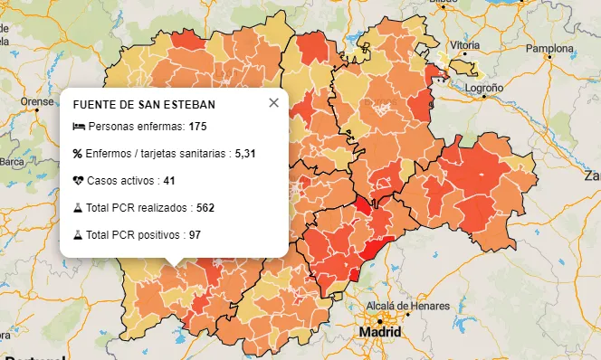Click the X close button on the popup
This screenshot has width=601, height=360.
[x=274, y=103]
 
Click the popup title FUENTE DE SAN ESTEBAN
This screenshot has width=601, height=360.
[x=144, y=105]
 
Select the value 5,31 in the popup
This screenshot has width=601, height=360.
[x=245, y=154]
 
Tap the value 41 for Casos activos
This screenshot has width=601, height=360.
[x=169, y=181]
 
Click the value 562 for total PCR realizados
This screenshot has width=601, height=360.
[x=205, y=208]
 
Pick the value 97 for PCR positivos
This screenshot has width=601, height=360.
[x=195, y=235]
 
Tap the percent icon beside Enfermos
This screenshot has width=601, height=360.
[x=78, y=154]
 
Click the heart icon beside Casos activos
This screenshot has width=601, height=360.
[x=78, y=181]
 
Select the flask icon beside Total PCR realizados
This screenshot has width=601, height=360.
[x=78, y=208]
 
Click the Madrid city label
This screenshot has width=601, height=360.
[x=379, y=332]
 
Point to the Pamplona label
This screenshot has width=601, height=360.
[x=551, y=47]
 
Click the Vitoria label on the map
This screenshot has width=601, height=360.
[x=464, y=44]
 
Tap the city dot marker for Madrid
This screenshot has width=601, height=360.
[x=379, y=319]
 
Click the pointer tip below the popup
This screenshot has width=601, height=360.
[x=176, y=265]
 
